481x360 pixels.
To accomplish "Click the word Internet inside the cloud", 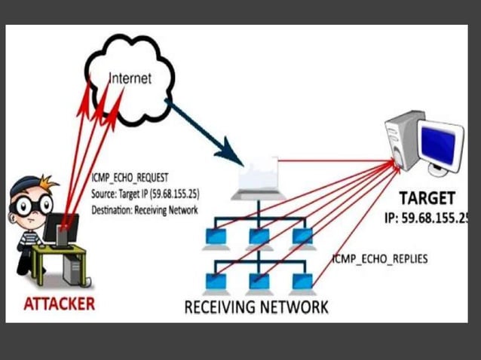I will tap(130, 78).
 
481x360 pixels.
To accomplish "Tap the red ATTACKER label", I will tap(60, 304).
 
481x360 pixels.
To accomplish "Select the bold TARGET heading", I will tap(427, 199).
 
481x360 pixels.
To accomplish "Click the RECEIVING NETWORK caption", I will tap(256, 307).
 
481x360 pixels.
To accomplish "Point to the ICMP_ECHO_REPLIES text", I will tap(380, 258).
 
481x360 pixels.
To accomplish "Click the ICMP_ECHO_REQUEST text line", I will tap(133, 179).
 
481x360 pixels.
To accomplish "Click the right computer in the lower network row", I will tap(302, 280).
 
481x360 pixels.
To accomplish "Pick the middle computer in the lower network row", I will tap(258, 280).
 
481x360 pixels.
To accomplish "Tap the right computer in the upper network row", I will tap(302, 236).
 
